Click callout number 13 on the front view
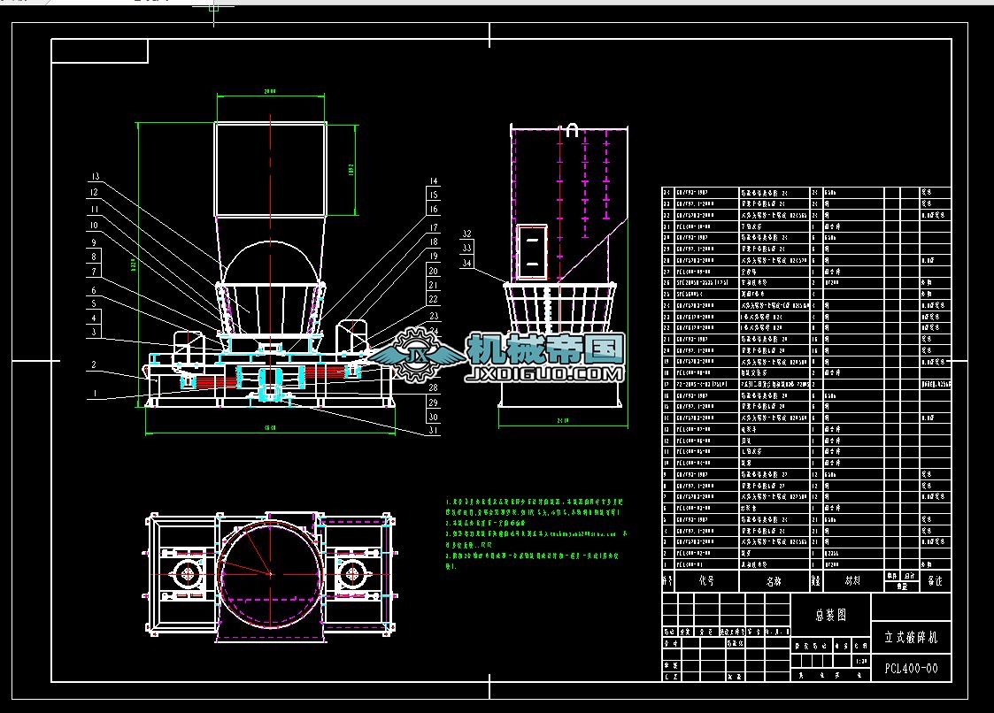click(x=95, y=175)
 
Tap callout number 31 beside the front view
click(x=433, y=430)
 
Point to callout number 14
click(x=433, y=180)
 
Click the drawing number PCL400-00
click(x=911, y=669)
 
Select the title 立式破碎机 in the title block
click(x=911, y=636)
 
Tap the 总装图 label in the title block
click(x=830, y=615)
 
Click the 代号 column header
click(x=705, y=581)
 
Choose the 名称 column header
click(x=774, y=581)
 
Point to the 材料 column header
click(x=852, y=581)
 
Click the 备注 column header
click(x=935, y=581)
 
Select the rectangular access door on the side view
click(x=532, y=251)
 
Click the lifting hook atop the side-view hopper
click(x=573, y=130)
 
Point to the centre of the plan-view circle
click(x=270, y=574)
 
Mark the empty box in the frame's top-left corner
click(x=100, y=51)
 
